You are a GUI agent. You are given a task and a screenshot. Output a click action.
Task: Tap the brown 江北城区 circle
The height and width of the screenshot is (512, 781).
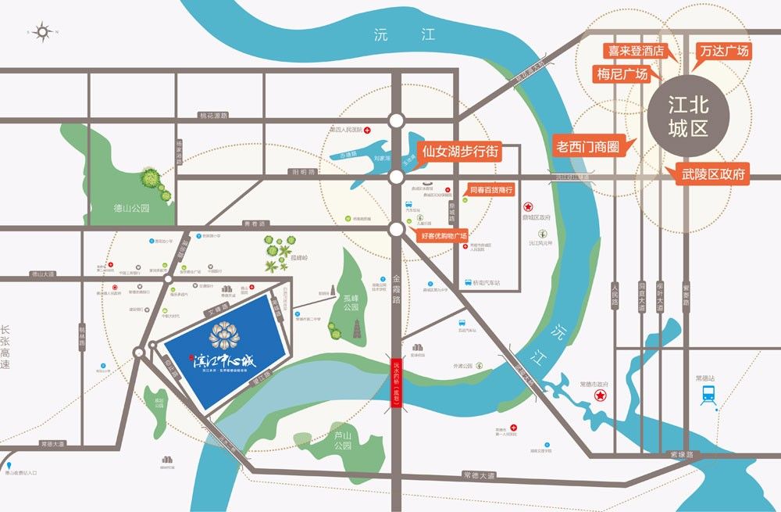(688, 117)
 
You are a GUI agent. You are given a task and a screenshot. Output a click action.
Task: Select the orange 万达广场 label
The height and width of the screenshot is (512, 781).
(724, 52)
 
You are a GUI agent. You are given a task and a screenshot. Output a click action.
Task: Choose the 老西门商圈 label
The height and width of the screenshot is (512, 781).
(585, 145)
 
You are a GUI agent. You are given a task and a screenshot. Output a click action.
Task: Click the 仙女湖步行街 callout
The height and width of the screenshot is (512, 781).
(459, 151)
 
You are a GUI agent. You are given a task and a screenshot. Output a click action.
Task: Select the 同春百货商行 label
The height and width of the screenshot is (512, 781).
(490, 190)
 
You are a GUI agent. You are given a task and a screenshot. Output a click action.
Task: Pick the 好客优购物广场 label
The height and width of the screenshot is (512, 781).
(444, 235)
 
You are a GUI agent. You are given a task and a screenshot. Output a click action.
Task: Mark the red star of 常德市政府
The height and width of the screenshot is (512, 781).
(601, 396)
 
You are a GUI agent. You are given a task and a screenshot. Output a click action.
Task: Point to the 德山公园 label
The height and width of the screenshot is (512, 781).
(130, 209)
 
